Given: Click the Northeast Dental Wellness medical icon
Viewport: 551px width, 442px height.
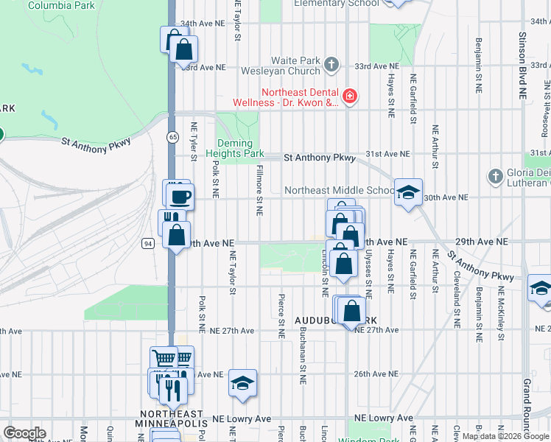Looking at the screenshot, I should (349, 95).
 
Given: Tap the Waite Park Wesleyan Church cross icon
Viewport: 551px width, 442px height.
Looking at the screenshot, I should (331, 64).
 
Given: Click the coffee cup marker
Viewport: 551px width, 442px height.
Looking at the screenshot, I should (180, 197).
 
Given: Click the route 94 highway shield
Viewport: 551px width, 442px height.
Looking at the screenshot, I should (149, 242).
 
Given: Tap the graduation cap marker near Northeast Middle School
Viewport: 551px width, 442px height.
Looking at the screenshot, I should (407, 193).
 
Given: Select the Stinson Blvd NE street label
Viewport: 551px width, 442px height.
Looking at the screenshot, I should (522, 66).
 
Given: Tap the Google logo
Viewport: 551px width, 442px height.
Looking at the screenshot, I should (24, 432).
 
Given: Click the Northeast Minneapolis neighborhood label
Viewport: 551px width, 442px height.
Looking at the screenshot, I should (173, 418).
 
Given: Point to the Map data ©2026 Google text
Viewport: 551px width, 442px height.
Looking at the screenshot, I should (504, 436).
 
